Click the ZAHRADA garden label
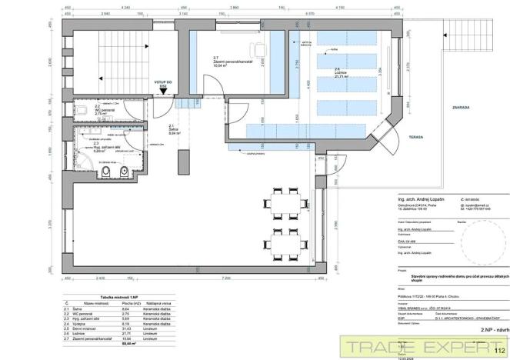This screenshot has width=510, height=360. pyautogui.click(x=461, y=108)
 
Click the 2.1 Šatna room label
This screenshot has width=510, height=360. pyautogui.click(x=174, y=130)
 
